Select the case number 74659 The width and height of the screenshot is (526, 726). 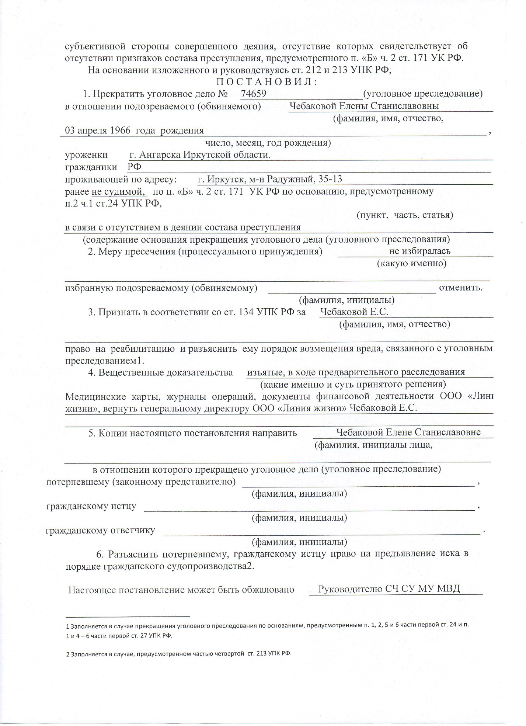point(253,94)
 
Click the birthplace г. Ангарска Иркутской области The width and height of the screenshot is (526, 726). point(201,155)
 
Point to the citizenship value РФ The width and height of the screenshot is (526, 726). point(135,167)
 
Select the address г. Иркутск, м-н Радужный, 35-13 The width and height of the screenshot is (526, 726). point(270,180)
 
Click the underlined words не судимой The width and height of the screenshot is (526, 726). point(118,192)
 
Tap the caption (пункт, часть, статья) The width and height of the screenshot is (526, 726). point(405,215)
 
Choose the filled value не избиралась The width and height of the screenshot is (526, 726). point(419,251)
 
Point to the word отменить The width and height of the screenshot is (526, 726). point(461,288)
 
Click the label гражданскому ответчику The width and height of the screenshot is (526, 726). point(100,531)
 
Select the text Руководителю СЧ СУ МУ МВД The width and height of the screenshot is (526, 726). point(389,589)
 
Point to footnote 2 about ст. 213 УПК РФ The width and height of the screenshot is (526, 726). point(178,654)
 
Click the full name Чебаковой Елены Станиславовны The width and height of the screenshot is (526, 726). point(364,106)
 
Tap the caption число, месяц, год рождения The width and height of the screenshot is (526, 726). point(268,143)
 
